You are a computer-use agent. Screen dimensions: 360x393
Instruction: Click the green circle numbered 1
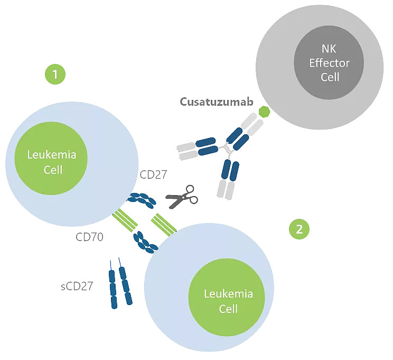55,74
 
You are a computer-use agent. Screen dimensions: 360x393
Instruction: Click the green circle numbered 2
299,229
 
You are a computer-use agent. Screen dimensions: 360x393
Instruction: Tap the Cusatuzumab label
217,101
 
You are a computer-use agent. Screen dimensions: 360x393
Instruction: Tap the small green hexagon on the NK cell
264,112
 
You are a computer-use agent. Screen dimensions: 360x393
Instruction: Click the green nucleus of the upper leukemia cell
52,161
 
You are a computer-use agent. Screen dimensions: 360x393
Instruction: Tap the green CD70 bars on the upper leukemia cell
126,220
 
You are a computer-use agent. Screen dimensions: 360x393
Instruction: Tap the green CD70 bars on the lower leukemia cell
163,224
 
